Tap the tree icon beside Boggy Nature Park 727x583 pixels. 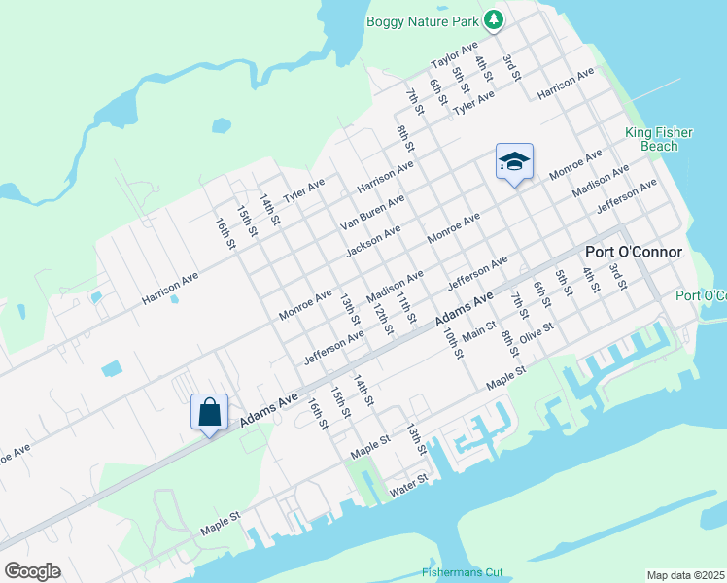tap(494, 19)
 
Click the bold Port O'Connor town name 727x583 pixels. tap(633, 252)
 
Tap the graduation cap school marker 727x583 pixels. tap(515, 161)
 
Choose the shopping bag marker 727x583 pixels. tap(209, 412)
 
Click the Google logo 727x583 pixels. tap(32, 571)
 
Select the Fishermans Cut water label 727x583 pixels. tap(463, 572)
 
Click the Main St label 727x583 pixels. tap(479, 332)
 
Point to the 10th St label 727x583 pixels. tap(452, 343)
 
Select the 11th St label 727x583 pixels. tap(406, 307)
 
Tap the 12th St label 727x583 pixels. tap(382, 318)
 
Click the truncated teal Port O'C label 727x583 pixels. tap(701, 295)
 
